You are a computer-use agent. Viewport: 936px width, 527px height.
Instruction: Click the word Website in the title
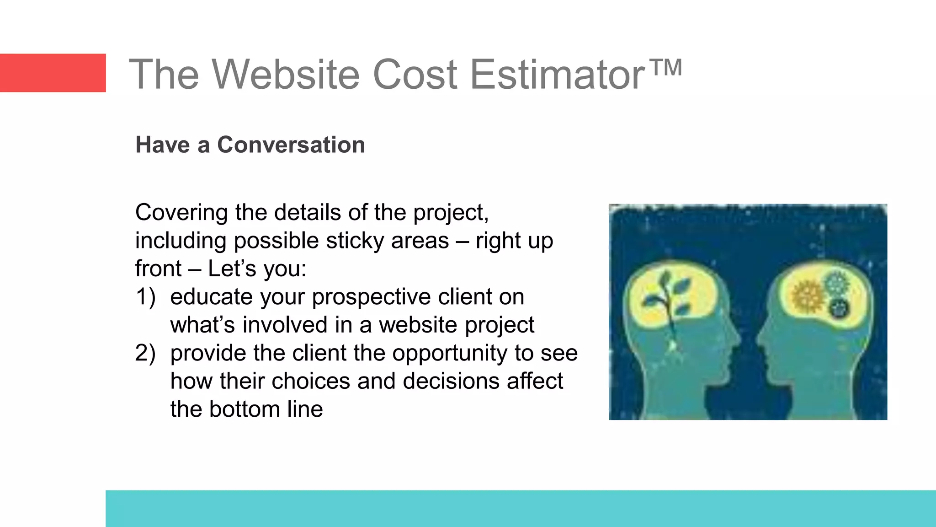[x=286, y=74]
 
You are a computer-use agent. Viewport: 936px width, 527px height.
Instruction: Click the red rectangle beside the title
[x=53, y=73]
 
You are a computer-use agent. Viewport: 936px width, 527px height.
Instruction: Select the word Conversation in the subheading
[x=291, y=145]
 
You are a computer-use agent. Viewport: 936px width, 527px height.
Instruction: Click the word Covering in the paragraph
[x=181, y=213]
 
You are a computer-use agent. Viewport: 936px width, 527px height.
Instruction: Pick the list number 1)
[x=145, y=297]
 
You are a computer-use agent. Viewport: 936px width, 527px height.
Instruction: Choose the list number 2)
[x=145, y=353]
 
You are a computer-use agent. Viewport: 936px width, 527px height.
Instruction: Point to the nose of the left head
[x=737, y=339]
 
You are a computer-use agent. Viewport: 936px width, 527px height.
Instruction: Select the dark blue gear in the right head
[x=839, y=309]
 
